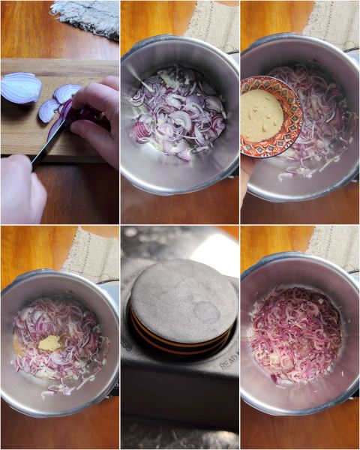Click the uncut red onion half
20,88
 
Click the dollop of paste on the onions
50,342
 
